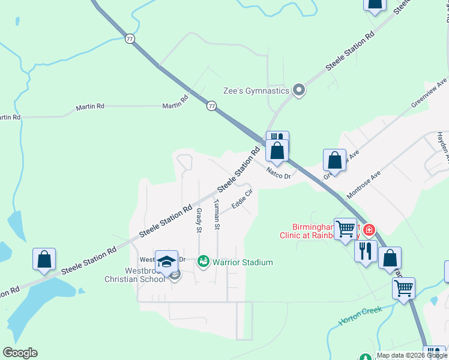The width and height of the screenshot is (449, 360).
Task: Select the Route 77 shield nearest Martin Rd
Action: click(x=211, y=106)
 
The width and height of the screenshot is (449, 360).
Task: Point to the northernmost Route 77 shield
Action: click(x=130, y=38)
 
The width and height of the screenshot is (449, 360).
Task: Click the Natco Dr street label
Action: click(x=279, y=176)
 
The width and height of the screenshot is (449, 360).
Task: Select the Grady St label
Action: click(x=199, y=220)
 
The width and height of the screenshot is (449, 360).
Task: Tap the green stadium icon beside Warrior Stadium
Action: click(x=203, y=262)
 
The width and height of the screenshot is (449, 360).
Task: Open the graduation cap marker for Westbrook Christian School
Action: click(x=166, y=261)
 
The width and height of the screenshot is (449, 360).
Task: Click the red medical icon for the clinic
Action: click(x=369, y=230)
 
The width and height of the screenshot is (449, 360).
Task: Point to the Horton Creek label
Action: click(x=360, y=316)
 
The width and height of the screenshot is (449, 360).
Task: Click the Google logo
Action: click(x=20, y=352)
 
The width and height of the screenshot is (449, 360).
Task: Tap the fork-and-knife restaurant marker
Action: click(x=366, y=251)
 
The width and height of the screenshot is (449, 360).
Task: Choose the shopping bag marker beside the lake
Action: click(x=44, y=259)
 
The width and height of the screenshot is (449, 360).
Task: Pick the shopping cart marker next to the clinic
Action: click(x=345, y=229)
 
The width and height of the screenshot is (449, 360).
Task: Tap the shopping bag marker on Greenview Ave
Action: click(x=334, y=160)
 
